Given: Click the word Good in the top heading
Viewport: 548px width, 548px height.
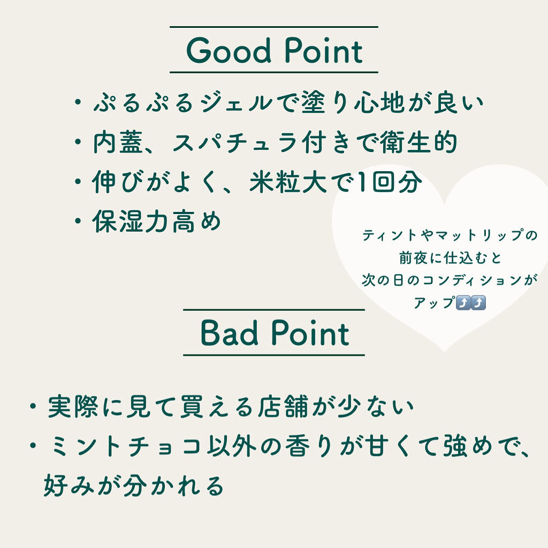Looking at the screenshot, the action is [229, 51].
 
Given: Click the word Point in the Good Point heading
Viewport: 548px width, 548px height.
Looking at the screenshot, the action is [324, 51].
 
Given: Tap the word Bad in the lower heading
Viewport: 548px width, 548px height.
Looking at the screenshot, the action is [229, 333].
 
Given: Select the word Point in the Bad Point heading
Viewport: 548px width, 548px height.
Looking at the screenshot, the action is [310, 333].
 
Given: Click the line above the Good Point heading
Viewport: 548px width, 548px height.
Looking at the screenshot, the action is [274, 27].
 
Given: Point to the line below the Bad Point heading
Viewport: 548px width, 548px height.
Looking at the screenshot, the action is [274, 355].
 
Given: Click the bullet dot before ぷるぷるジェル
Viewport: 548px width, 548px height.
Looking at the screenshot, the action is [78, 102].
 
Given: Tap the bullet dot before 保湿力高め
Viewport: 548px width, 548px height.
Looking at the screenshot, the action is [78, 221].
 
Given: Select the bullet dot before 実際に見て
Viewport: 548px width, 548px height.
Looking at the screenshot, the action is [33, 407].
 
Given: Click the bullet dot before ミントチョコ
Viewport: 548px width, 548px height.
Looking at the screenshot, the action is [33, 446].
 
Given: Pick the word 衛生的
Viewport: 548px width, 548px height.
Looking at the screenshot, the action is [418, 142].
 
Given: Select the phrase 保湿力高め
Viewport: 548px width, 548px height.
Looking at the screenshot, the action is [157, 221].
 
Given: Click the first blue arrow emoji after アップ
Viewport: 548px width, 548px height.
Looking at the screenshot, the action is [463, 303].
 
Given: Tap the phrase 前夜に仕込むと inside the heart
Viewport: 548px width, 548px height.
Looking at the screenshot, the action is [450, 258].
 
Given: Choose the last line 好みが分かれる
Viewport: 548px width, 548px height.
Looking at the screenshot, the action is [133, 485].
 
